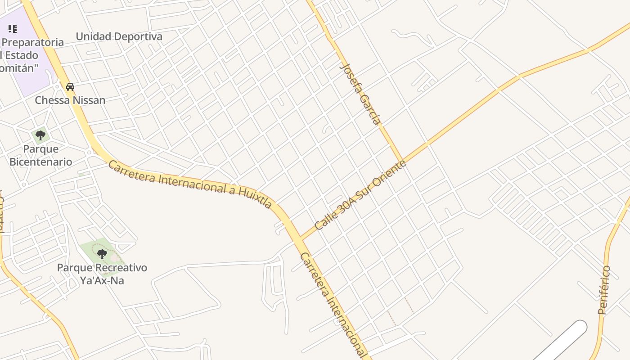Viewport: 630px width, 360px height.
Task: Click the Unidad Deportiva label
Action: tap(119, 36)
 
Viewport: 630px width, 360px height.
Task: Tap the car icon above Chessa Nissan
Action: tap(70, 86)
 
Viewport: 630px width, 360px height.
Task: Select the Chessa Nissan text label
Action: tap(70, 100)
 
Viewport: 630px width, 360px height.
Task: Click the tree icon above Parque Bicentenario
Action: tap(40, 135)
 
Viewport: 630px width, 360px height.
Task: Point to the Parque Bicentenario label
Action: tap(40, 155)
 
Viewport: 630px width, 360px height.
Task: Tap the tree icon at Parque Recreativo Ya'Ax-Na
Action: tap(102, 254)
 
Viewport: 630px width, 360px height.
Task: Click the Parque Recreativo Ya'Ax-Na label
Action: tap(102, 274)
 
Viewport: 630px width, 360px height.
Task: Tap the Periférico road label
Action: tap(604, 290)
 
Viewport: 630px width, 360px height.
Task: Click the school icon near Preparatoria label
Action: tap(13, 29)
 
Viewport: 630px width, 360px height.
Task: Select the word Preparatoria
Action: tap(33, 42)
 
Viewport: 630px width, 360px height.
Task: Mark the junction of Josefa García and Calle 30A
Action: tap(401, 161)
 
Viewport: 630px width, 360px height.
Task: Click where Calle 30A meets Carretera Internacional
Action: tap(300, 238)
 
